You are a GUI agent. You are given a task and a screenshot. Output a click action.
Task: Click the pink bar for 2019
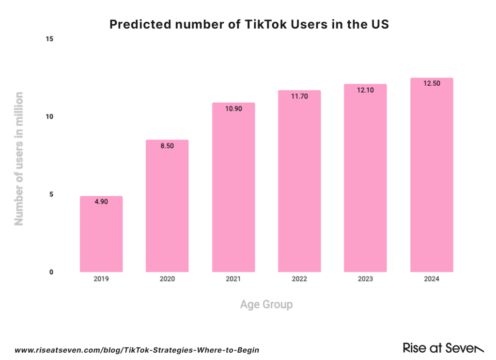101,235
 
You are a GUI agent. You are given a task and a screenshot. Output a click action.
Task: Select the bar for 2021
233,189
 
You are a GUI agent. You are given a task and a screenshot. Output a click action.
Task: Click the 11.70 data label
299,95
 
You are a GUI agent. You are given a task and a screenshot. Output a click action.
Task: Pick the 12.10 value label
365,90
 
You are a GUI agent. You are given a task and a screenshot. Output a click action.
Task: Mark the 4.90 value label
101,202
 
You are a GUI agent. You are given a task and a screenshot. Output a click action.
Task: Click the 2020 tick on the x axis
167,280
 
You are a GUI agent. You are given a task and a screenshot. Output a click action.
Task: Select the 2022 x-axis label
299,280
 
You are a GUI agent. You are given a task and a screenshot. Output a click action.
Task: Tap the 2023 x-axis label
365,280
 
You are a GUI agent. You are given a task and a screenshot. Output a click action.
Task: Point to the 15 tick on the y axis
49,39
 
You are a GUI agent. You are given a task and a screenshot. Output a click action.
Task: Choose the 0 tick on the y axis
50,272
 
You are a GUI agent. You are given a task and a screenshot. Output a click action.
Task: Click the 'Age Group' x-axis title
266,305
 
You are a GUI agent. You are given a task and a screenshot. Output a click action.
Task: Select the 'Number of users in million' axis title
19,158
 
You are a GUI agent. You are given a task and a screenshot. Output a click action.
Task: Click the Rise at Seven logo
443,348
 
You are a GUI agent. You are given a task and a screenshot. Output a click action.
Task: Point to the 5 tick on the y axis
50,194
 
